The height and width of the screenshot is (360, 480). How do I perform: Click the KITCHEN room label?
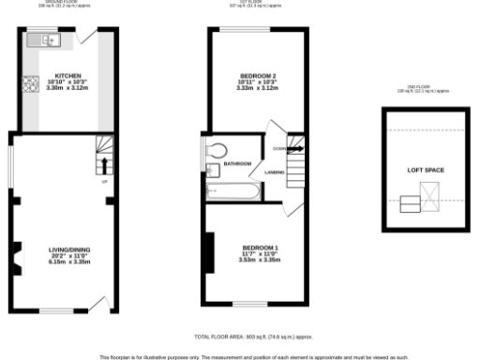click(x=67, y=75)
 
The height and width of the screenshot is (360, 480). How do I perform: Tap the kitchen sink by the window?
click(x=43, y=40)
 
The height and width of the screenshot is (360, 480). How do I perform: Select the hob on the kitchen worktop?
click(x=29, y=81)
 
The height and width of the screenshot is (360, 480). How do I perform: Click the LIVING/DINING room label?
click(x=67, y=248)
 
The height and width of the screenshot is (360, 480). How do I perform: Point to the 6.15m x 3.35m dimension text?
click(x=67, y=262)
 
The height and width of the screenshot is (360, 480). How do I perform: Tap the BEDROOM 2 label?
click(x=257, y=75)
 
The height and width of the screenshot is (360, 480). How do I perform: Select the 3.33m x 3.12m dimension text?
click(x=257, y=89)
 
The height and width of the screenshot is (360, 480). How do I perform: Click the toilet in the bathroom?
click(x=217, y=150)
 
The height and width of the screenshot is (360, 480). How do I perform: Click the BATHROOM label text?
click(x=237, y=164)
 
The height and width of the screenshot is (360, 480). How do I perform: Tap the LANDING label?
click(x=275, y=172)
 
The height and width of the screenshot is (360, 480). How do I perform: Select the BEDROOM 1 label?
click(x=260, y=247)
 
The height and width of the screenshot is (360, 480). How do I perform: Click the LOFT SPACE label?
click(x=425, y=170)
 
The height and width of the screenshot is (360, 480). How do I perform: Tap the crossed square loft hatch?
click(x=430, y=196)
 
